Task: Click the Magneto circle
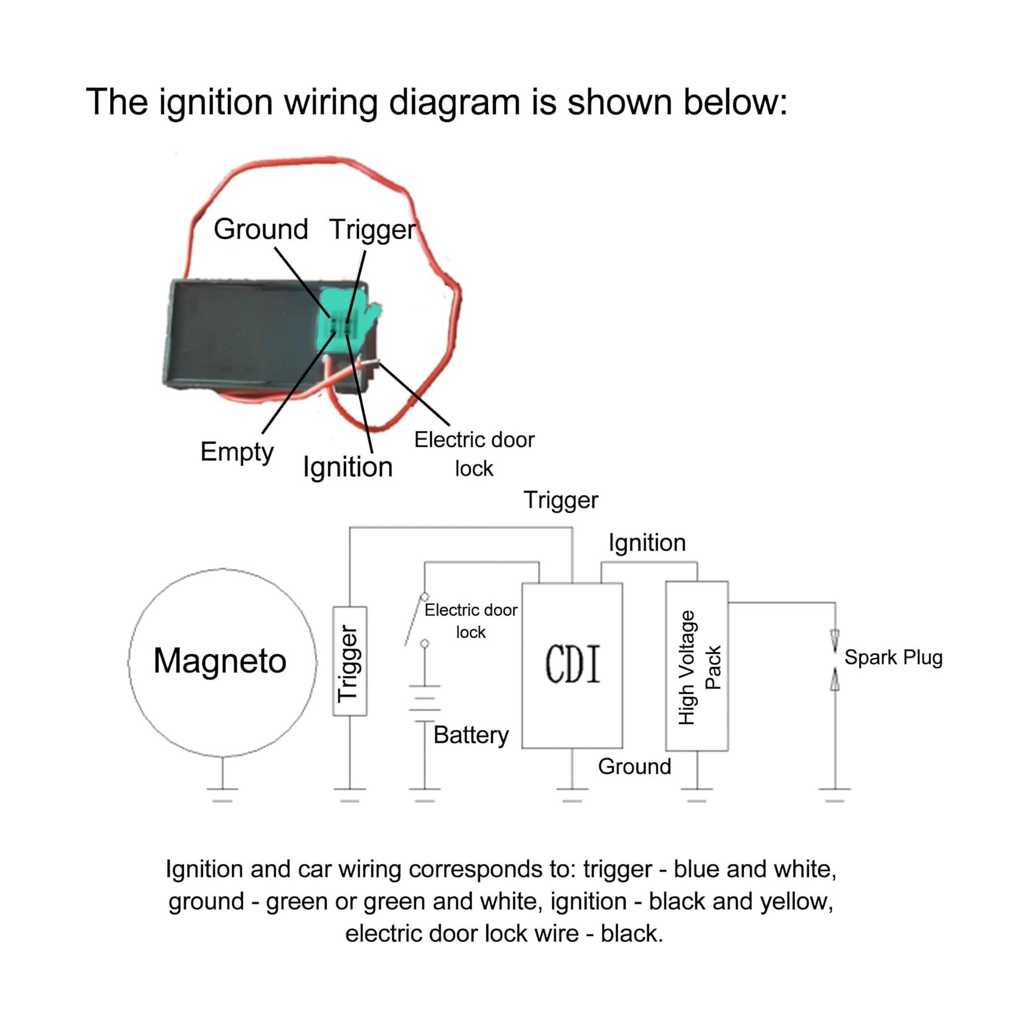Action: (222, 662)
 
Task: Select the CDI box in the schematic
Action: (572, 665)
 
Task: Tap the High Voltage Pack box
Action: (696, 666)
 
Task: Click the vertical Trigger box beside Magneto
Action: (350, 661)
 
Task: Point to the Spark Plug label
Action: (893, 658)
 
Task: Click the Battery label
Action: (470, 735)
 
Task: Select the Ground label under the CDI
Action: (634, 766)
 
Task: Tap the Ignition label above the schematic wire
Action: (647, 543)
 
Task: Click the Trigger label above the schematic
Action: (560, 500)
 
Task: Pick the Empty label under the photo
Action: (237, 452)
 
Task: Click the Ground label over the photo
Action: (261, 229)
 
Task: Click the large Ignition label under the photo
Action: (347, 467)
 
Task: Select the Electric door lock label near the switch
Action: (470, 621)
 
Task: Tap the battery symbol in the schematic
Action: (425, 703)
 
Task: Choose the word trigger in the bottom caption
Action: (617, 869)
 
